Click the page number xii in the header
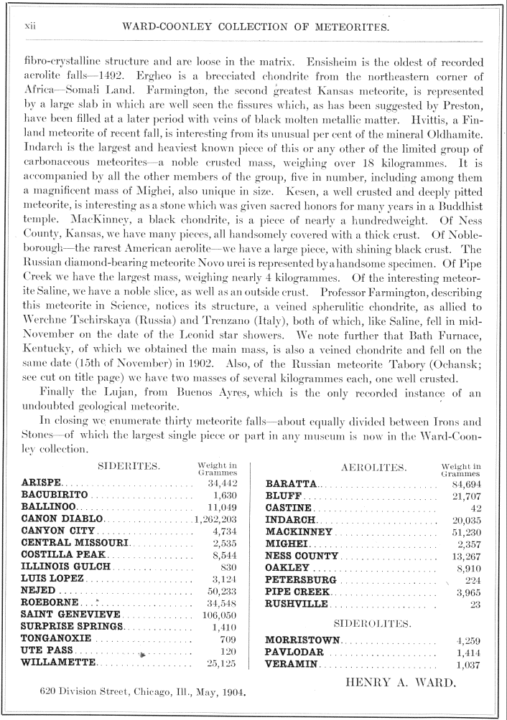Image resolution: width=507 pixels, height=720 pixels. [31, 27]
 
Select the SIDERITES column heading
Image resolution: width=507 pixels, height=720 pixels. [129, 467]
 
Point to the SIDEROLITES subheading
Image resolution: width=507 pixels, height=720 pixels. [373, 623]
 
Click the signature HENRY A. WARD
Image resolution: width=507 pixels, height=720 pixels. [401, 682]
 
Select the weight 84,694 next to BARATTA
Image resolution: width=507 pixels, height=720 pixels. [460, 485]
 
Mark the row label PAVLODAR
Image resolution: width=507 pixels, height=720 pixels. [294, 653]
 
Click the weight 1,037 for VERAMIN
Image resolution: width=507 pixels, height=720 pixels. [468, 665]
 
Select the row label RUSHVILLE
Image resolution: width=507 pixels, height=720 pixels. [297, 604]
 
